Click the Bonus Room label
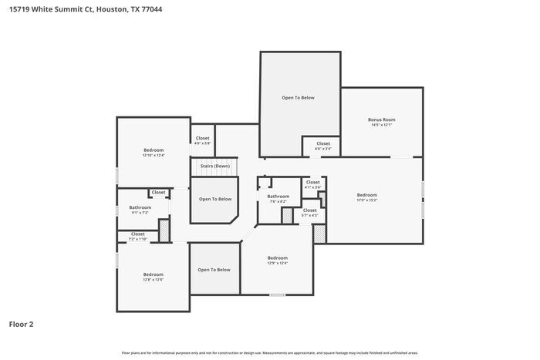381,119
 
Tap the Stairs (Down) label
215,166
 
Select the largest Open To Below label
298,98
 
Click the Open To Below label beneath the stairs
215,199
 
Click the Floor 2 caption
21,325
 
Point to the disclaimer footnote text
269,352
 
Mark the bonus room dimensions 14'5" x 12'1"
381,125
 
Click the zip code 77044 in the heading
152,10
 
